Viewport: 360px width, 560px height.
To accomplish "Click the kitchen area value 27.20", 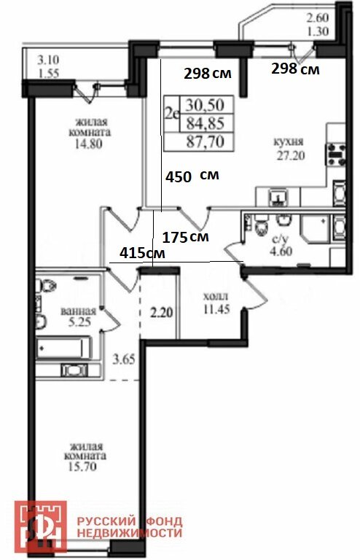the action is coord(291,156).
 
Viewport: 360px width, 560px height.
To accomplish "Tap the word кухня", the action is coord(289,141).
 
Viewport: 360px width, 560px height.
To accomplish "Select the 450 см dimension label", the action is coord(192,176).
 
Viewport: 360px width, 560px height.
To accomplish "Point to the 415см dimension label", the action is coord(142,253).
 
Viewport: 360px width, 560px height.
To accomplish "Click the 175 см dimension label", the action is coord(185,237).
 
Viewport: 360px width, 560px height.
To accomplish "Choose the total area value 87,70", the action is coord(206,141).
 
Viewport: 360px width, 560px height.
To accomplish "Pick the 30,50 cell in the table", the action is coord(205,105).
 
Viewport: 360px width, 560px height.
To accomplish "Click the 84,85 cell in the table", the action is coord(206,123).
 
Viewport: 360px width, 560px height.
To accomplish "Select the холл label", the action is coord(216,297).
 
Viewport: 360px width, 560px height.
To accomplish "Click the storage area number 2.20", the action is coord(161,313).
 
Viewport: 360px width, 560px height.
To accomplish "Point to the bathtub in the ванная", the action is coord(63,348).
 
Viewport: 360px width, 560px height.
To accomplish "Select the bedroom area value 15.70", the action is coord(82,467).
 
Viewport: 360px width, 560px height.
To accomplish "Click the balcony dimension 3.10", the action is coord(49,59).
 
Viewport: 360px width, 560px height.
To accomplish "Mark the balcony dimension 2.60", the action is coord(318,17).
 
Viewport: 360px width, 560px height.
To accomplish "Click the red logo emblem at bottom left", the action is coord(40,526).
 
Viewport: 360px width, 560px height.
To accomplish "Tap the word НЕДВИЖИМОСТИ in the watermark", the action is coord(130,533).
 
